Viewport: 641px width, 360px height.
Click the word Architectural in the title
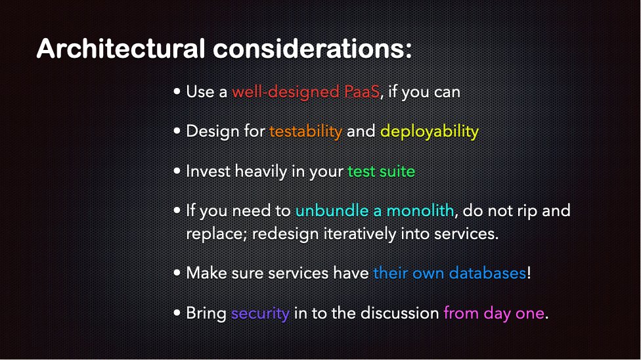click(118, 49)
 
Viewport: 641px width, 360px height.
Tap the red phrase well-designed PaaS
click(306, 91)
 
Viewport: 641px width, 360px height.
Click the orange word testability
click(305, 131)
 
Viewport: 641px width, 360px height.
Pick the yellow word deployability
click(430, 131)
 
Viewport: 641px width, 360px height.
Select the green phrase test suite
click(382, 171)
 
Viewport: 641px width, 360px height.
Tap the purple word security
click(260, 313)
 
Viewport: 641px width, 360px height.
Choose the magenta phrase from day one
click(494, 313)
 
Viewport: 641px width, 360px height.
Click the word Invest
click(208, 171)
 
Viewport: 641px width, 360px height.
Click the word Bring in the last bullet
click(206, 313)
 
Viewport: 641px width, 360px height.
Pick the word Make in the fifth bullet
click(205, 273)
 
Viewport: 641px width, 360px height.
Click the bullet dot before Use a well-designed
click(177, 92)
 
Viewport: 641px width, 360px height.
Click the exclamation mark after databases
click(529, 273)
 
